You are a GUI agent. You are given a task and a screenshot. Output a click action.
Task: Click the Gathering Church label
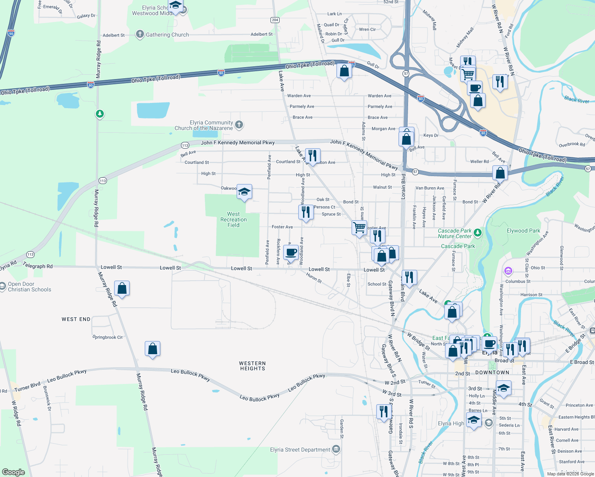167,35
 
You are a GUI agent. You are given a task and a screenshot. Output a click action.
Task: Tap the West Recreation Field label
233,219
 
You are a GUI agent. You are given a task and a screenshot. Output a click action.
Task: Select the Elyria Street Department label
300,450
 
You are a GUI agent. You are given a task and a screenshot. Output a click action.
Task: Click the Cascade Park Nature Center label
455,233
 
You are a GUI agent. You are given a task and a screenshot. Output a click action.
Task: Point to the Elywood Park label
523,231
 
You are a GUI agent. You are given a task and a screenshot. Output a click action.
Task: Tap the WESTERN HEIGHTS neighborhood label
253,366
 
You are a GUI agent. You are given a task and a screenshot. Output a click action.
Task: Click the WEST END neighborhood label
76,319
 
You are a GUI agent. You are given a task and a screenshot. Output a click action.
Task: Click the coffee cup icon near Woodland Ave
291,252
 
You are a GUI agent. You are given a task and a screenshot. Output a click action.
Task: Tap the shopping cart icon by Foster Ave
360,227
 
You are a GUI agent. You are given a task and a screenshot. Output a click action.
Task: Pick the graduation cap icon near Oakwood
244,192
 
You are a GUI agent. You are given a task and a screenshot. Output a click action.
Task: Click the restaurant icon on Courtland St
313,155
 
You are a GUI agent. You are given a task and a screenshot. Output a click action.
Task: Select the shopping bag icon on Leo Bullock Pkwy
153,349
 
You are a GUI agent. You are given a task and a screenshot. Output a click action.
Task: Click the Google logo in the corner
13,472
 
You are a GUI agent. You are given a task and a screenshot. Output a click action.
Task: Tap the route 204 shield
275,20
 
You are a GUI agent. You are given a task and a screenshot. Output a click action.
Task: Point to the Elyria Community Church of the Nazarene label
204,125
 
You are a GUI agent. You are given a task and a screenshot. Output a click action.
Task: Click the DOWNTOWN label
492,372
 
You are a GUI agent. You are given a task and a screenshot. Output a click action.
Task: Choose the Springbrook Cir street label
108,337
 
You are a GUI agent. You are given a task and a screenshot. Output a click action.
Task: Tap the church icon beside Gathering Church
140,34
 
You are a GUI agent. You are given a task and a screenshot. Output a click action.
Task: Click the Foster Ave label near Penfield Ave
282,227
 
